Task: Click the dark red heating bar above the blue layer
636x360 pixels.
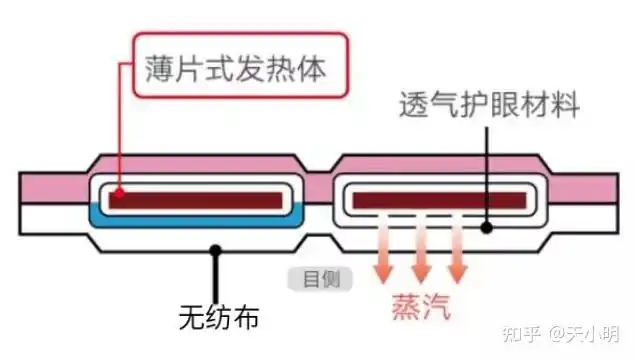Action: click(x=196, y=194)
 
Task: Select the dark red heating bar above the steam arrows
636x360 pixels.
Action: click(x=439, y=199)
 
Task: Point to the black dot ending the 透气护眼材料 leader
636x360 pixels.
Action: click(x=486, y=227)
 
